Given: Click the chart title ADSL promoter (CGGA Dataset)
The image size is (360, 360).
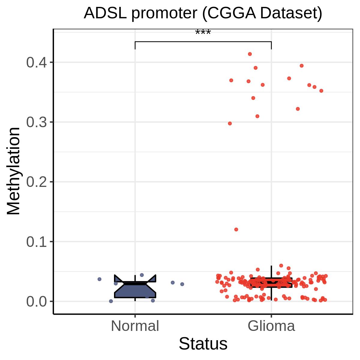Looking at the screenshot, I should [x=203, y=13].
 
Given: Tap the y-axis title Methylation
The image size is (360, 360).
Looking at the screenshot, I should [x=13, y=171].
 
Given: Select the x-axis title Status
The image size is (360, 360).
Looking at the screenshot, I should [x=203, y=343].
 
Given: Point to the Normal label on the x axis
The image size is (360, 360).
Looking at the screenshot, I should [x=135, y=326].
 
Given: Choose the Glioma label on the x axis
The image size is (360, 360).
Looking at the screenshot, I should [x=271, y=326].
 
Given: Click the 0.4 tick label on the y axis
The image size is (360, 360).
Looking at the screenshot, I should [x=37, y=62].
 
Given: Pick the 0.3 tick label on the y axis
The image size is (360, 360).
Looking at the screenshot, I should [x=37, y=122].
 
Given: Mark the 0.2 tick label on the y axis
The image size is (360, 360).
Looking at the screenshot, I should [x=37, y=182].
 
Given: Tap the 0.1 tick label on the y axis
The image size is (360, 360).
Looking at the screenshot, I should [x=37, y=241].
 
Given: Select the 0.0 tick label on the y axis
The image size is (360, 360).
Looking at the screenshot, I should [x=37, y=301].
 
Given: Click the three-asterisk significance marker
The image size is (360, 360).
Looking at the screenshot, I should [x=203, y=32].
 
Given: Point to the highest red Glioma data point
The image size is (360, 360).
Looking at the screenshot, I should [x=250, y=54].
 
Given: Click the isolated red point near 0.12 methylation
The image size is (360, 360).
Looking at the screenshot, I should [x=236, y=229].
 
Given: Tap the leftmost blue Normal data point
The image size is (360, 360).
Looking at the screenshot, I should [x=100, y=279].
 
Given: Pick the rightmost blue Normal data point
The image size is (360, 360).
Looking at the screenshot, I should [x=182, y=284].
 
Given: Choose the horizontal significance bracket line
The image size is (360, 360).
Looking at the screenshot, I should [x=203, y=41].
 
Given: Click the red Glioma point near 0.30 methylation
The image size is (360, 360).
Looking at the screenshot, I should [x=230, y=123].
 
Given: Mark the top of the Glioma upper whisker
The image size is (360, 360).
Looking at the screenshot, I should [x=271, y=266].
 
